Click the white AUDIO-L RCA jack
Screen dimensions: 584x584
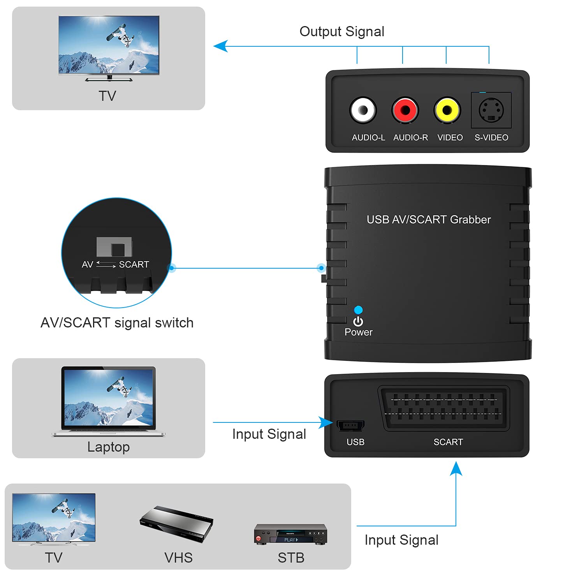point(363,110)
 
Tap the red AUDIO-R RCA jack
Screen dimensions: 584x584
point(405,110)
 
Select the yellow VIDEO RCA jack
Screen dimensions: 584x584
point(447,110)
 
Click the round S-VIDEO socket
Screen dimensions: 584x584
point(491,110)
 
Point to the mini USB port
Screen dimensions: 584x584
point(350,426)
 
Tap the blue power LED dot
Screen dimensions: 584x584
point(358,310)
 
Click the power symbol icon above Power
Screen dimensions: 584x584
point(358,322)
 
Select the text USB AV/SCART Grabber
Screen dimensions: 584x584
point(428,220)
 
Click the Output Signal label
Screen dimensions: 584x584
point(341,32)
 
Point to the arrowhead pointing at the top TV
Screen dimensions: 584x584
point(220,46)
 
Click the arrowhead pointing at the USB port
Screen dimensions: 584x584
point(326,422)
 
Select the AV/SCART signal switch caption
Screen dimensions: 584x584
point(117,323)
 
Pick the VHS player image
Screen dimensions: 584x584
point(176,523)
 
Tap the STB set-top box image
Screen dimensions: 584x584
point(290,535)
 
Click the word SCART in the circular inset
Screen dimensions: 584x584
point(134,265)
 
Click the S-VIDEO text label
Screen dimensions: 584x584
point(491,137)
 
